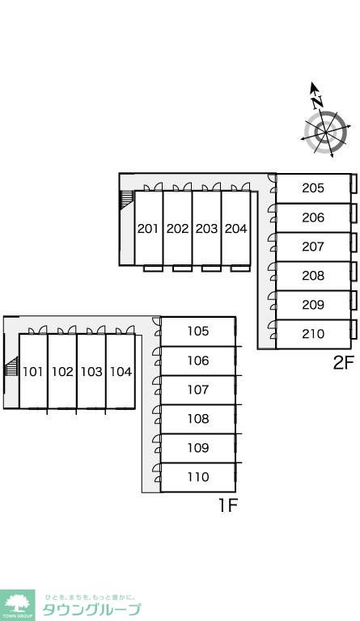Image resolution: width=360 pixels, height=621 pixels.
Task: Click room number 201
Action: tap(148, 229)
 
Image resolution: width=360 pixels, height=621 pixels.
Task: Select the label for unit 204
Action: tap(235, 229)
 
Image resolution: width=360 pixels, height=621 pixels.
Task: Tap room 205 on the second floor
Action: tap(313, 188)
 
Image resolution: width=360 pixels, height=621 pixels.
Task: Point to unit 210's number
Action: tap(313, 334)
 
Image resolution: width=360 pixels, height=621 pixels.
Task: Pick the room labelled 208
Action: tap(313, 275)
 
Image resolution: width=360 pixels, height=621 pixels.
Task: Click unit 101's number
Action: tap(33, 371)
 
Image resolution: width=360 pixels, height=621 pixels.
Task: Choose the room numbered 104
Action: tap(121, 371)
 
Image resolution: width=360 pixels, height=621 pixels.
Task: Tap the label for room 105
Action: tap(198, 331)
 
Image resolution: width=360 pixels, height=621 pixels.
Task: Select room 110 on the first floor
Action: tap(198, 477)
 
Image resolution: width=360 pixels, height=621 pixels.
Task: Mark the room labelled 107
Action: tap(198, 389)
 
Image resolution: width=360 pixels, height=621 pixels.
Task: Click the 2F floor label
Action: tap(343, 362)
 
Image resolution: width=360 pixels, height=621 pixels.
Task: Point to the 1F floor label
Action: tap(228, 505)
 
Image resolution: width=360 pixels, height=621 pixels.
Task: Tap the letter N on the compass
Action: tap(317, 102)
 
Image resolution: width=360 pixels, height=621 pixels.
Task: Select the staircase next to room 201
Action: tap(126, 201)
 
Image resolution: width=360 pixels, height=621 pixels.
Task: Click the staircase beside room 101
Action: tap(12, 366)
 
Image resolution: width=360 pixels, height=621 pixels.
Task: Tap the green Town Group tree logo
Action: tap(18, 605)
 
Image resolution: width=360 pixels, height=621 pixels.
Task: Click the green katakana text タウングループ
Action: tap(91, 609)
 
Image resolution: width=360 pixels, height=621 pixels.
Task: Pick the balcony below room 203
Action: tap(211, 268)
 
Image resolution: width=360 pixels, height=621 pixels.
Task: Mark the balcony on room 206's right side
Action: tap(354, 213)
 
